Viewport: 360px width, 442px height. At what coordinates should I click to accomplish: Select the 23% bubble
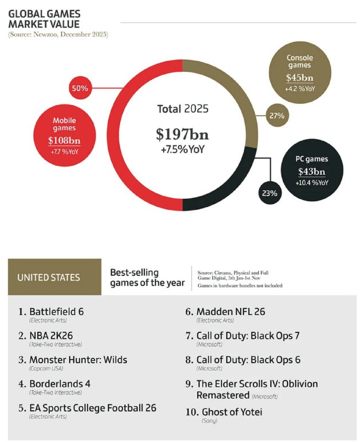pyautogui.click(x=271, y=193)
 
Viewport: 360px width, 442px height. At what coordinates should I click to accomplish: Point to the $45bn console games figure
pyautogui.click(x=299, y=78)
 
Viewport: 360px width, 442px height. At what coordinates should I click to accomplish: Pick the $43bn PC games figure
pyautogui.click(x=313, y=172)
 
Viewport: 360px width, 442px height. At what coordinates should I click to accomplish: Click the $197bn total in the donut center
pyautogui.click(x=182, y=134)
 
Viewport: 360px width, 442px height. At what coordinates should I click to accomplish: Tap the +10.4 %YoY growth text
pyautogui.click(x=313, y=183)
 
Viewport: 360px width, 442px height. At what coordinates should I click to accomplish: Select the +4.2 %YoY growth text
pyautogui.click(x=299, y=88)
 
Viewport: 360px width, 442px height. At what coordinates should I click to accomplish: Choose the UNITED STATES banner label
pyautogui.click(x=49, y=277)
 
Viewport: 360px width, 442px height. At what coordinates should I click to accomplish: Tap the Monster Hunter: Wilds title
pyautogui.click(x=78, y=360)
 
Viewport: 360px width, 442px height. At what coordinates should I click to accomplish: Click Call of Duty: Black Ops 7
pyautogui.click(x=248, y=335)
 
